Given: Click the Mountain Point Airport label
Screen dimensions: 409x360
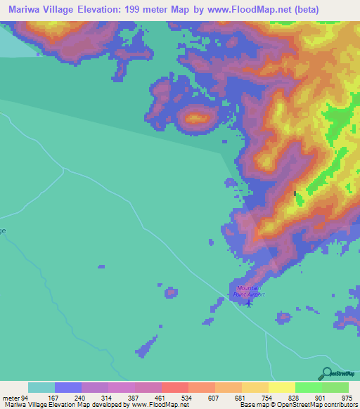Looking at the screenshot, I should [250, 291].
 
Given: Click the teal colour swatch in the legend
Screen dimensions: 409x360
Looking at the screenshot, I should [41, 387].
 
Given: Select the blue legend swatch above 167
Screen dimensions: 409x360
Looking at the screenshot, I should [68, 387].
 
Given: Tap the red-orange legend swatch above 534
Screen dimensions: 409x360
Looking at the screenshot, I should [175, 387].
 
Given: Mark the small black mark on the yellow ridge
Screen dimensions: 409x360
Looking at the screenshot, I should [295, 193].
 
